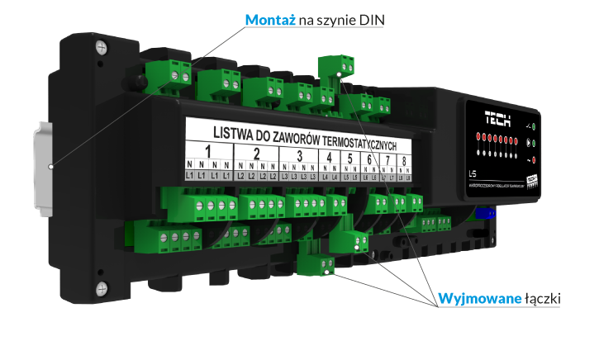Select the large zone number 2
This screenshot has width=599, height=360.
coord(256,154)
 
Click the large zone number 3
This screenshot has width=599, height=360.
coord(298,156)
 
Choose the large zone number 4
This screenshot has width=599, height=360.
coord(330,158)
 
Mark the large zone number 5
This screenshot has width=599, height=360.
coord(350,159)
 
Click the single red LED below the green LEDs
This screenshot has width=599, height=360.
coord(534,159)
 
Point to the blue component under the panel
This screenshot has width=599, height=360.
coord(487,212)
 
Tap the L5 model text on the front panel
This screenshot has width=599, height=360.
coord(471,174)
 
